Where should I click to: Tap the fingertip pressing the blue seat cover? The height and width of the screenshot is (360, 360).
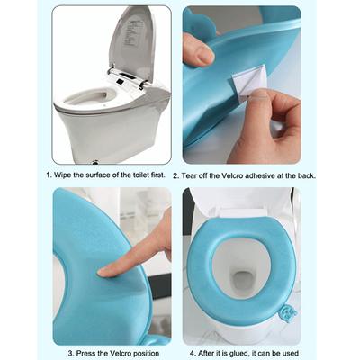(107, 268)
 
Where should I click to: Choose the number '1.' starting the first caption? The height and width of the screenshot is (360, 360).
(49, 175)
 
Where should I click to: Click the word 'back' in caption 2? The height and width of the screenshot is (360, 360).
(307, 175)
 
